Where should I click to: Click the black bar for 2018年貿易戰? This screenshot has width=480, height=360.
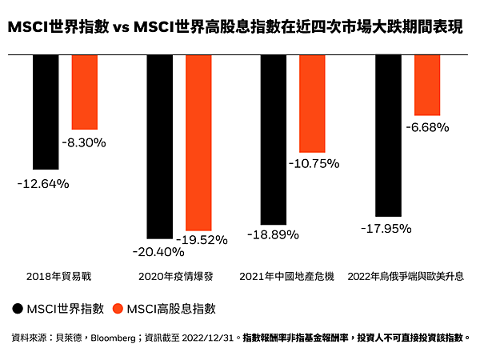tap(46, 112)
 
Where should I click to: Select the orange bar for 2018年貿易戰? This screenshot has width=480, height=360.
tap(85, 92)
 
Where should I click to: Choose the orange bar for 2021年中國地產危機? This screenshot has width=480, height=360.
tap(313, 103)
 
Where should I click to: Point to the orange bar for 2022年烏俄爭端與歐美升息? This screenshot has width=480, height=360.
tap(427, 85)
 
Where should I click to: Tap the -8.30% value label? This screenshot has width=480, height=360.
tap(84, 142)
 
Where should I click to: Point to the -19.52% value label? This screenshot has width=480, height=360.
tap(201, 239)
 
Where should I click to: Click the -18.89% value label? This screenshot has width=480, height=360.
tap(272, 235)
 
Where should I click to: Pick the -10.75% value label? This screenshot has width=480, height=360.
tap(314, 163)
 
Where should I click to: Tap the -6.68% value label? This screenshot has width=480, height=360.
tap(427, 126)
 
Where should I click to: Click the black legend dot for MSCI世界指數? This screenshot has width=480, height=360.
tap(18, 308)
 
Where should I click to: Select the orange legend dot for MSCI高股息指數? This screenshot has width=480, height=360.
tap(118, 308)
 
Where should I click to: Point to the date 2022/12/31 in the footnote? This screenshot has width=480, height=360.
tap(209, 338)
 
